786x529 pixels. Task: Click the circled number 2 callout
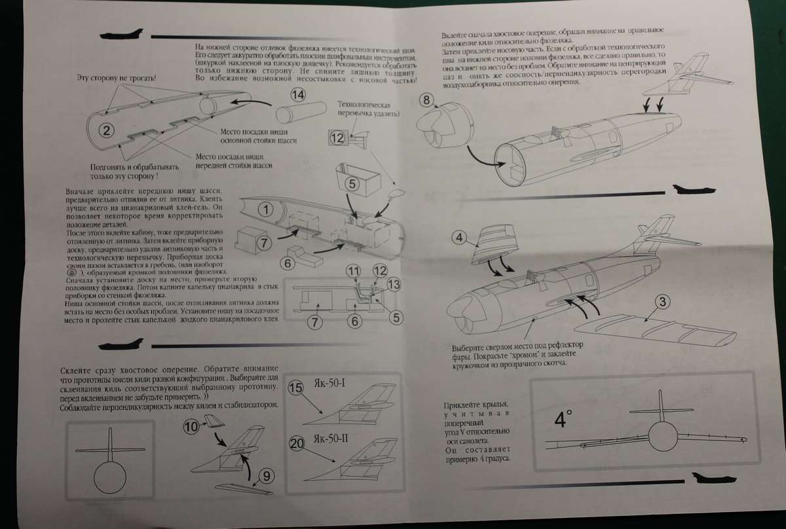tap(109, 130)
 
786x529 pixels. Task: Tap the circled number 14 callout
tap(298, 95)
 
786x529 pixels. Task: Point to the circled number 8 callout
tap(426, 101)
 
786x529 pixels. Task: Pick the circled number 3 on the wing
tap(664, 302)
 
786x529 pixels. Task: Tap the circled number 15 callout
tap(296, 388)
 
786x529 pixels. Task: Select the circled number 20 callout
tap(296, 444)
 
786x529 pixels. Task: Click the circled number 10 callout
tap(191, 427)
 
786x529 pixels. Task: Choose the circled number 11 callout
tap(354, 271)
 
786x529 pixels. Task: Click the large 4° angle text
tap(560, 418)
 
